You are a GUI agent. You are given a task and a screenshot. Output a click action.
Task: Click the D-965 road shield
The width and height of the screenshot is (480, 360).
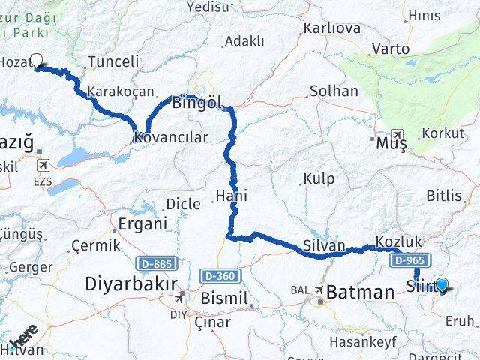pyautogui.click(x=409, y=259)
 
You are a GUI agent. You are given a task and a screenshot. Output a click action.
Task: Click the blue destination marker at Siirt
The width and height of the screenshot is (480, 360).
pyautogui.click(x=442, y=285)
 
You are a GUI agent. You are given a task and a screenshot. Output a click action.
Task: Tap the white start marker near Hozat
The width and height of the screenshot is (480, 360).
pyautogui.click(x=36, y=60)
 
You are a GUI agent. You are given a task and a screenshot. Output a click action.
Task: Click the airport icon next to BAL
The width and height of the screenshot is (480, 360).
pyautogui.click(x=320, y=289)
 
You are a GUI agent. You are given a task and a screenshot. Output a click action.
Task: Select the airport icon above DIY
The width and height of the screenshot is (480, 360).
pyautogui.click(x=179, y=298)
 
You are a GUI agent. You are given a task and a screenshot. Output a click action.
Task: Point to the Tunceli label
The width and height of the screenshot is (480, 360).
pyautogui.click(x=113, y=62)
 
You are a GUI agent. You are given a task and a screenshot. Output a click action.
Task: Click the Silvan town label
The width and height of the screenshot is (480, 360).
pyautogui.click(x=324, y=245)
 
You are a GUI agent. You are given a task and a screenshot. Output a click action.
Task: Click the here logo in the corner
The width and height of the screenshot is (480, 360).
pyautogui.click(x=25, y=339)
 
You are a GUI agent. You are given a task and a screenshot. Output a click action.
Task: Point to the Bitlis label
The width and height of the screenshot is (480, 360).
pyautogui.click(x=445, y=196)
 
